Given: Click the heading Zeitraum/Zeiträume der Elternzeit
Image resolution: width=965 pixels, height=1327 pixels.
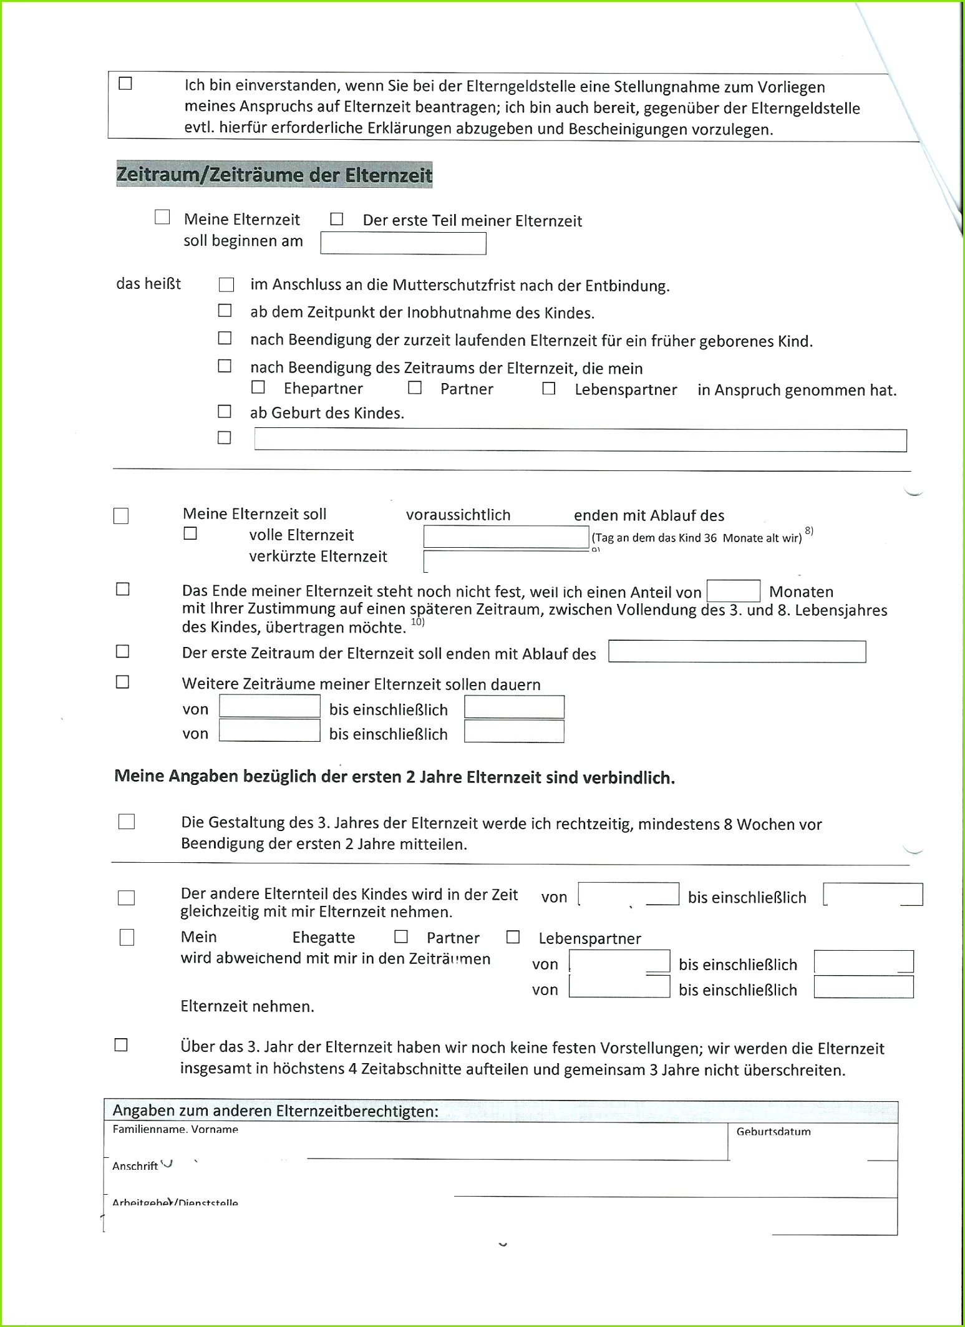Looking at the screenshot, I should pos(274,174).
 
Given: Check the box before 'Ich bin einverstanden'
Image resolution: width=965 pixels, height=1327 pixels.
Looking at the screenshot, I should pos(125,84).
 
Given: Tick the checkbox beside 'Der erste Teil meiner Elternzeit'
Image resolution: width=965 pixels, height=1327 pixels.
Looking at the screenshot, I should pos(337,219).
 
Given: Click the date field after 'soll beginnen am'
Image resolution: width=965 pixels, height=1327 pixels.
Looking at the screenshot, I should pos(403,243).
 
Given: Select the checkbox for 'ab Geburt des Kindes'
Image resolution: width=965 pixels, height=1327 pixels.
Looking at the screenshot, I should pos(225,412).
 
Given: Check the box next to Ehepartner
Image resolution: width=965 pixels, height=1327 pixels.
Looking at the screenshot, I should pos(258,387).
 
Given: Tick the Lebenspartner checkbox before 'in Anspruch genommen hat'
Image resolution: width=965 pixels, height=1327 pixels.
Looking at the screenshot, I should pos(549,389).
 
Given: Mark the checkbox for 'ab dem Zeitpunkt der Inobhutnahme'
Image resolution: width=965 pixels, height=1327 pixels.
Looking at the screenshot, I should pos(225,311).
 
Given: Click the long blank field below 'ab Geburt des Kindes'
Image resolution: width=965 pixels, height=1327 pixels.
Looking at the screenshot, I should pos(580,440).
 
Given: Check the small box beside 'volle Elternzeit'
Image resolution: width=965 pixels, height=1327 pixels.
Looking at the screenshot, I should pos(190,533).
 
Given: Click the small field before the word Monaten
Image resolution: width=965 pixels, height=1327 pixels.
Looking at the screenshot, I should pos(733,591).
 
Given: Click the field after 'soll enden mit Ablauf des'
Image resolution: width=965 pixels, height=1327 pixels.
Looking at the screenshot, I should pos(737,652).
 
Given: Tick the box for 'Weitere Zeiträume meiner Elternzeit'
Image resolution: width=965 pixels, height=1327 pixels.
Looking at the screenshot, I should pos(123,682).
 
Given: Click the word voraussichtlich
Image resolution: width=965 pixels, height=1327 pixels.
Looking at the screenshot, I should pos(458,515).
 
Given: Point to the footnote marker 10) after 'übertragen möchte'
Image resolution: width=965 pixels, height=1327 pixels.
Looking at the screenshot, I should pos(417,622).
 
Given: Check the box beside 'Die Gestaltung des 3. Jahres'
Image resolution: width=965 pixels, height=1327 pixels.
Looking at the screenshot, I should pos(127,822).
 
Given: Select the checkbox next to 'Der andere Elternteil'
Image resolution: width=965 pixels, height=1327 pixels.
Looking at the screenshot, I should pos(127,898).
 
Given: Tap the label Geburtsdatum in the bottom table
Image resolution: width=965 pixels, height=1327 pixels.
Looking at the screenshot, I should pos(773,1132).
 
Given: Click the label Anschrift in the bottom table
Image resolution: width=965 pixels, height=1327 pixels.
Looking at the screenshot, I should pos(135,1166).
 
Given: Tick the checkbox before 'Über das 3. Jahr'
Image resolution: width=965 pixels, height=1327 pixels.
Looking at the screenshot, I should pos(121,1045).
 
